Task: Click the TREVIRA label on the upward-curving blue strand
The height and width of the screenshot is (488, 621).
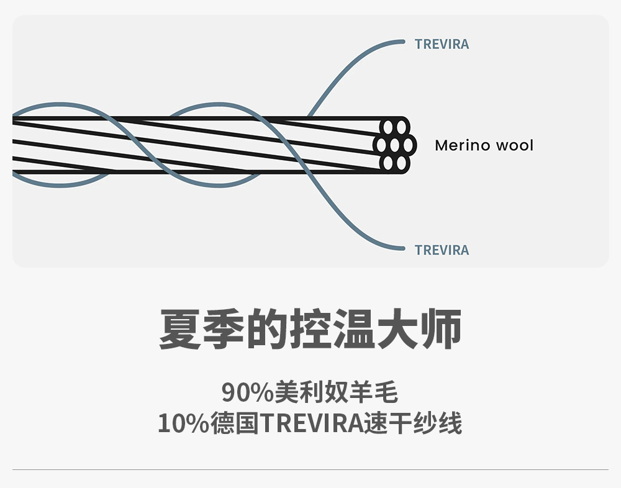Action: click(442, 44)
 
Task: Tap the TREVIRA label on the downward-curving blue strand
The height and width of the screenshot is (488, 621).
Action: click(442, 250)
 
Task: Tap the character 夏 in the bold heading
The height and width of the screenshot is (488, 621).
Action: click(180, 330)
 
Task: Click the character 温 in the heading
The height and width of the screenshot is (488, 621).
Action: click(354, 330)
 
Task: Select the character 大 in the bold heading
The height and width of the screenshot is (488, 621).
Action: click(397, 330)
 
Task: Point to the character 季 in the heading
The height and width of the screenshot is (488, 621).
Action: click(224, 330)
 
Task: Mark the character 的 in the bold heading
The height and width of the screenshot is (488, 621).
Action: click(267, 330)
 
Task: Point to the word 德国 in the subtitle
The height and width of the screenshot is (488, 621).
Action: click(234, 424)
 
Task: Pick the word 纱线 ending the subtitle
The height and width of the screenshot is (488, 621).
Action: click(438, 424)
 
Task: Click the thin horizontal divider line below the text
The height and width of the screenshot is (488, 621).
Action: click(310, 470)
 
